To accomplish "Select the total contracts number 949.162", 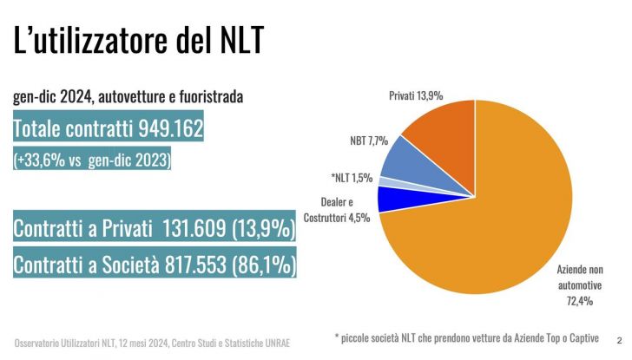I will pos(170,130).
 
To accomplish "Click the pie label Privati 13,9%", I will pos(416,95).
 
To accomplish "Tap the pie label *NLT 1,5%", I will pos(352,178).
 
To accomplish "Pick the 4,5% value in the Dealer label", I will pos(359,218).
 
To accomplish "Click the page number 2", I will pos(618,340).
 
